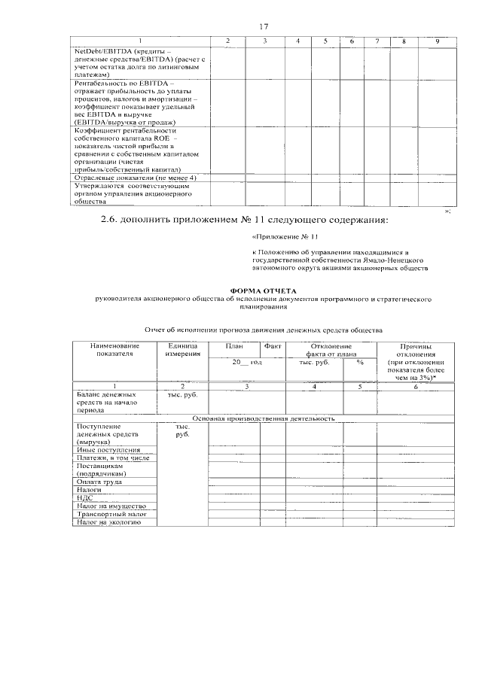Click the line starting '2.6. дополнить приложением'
(245, 220)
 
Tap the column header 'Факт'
(272, 345)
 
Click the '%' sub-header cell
(360, 362)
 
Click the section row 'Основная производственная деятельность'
(264, 418)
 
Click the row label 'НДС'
(84, 497)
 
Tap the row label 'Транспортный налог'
(106, 514)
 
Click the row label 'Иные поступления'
(108, 449)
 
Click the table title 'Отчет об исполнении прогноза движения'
(263, 330)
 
